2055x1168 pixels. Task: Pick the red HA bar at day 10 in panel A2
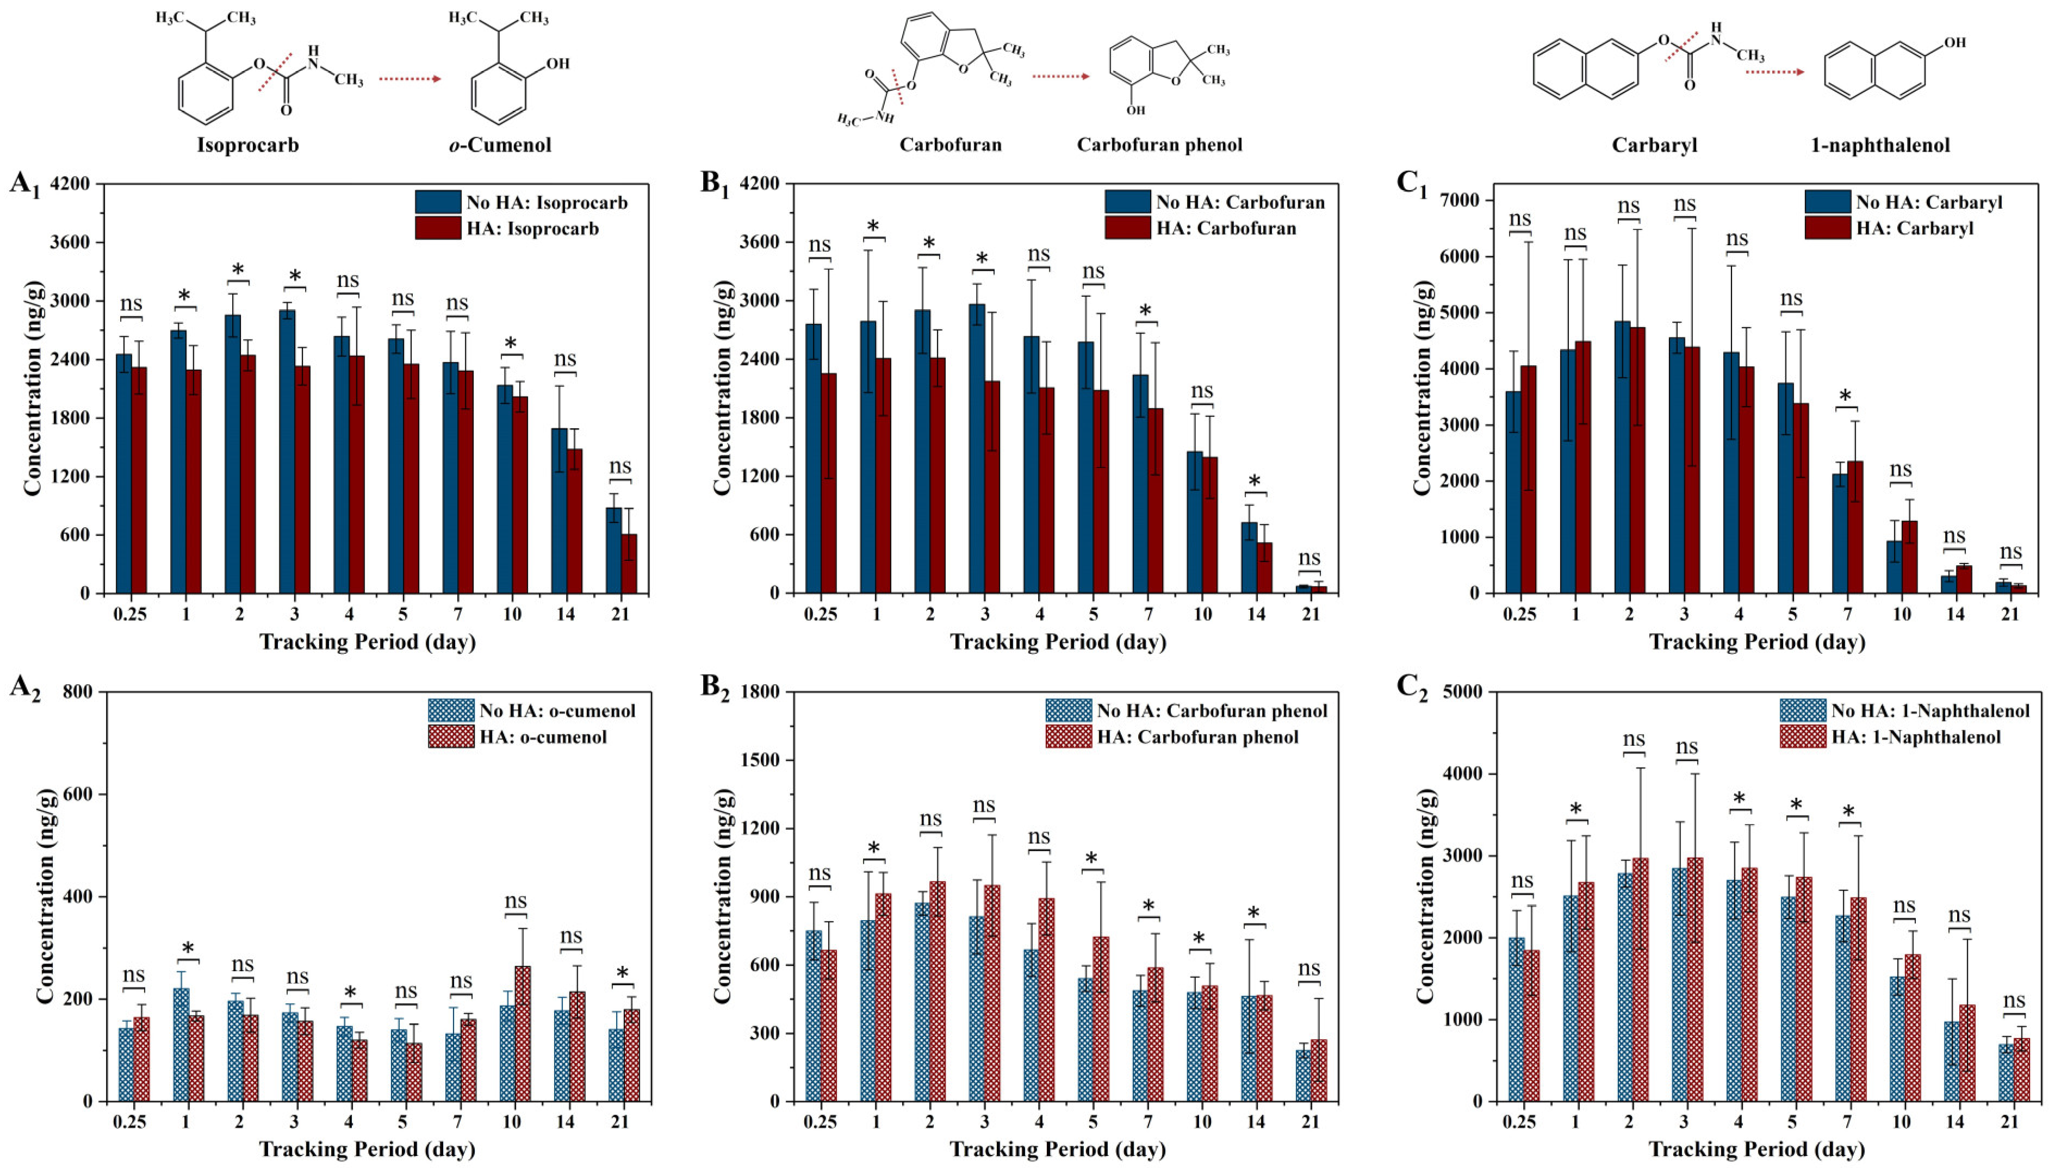(523, 1034)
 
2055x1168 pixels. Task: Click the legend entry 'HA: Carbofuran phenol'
(1171, 736)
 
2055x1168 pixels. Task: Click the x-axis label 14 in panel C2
(1955, 1121)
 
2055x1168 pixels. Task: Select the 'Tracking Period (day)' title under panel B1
(1058, 642)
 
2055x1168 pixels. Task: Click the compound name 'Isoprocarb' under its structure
(248, 145)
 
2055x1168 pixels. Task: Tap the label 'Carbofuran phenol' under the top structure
(1159, 145)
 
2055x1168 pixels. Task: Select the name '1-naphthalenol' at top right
(1879, 145)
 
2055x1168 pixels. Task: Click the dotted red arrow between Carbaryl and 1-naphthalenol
(1774, 72)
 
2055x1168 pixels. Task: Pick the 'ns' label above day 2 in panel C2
(1634, 739)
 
